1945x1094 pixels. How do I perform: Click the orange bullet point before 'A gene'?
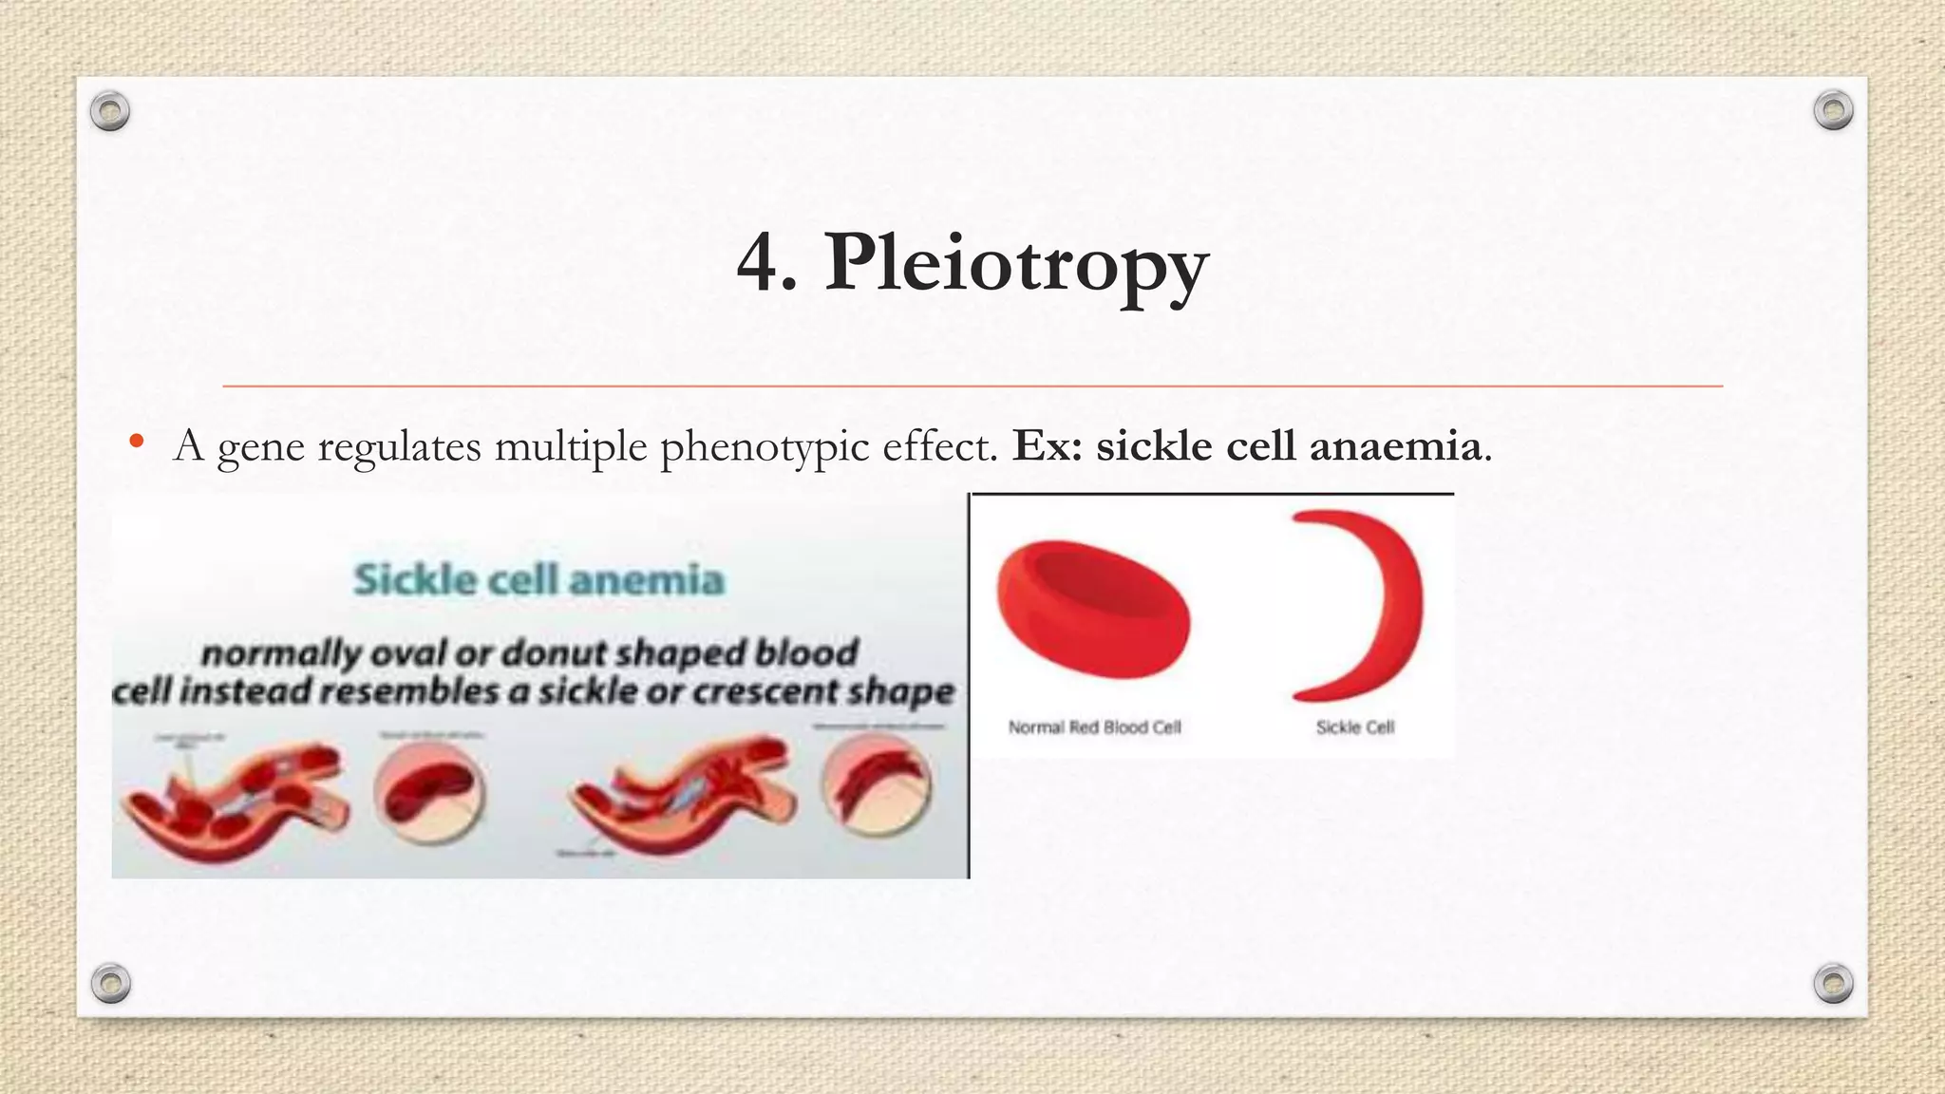coord(137,441)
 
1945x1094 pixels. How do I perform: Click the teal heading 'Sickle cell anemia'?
coord(538,578)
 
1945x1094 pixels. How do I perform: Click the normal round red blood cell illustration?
coord(1093,609)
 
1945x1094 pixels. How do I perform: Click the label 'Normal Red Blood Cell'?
coord(1094,727)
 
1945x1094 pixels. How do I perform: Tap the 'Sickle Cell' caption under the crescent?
coord(1354,727)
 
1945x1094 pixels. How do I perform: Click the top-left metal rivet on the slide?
coord(110,112)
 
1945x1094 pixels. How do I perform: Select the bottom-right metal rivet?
coord(1833,983)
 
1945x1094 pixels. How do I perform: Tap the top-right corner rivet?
coord(1833,111)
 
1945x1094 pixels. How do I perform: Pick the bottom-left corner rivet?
coord(110,983)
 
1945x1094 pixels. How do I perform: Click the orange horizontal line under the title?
coord(972,387)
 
